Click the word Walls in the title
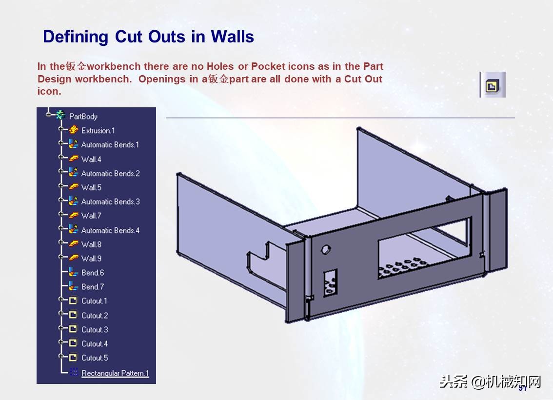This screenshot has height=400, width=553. click(x=232, y=37)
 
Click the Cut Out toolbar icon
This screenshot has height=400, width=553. click(x=493, y=85)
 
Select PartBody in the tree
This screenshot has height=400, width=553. click(x=83, y=117)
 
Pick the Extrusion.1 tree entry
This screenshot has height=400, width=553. click(x=98, y=131)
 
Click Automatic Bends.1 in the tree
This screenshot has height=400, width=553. click(x=110, y=144)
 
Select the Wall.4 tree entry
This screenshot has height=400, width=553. click(x=91, y=159)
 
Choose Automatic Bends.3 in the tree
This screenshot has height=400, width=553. click(x=110, y=201)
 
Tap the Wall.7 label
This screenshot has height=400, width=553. click(x=91, y=216)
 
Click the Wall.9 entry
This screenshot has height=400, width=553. click(x=91, y=259)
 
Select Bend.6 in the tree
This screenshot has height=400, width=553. click(x=93, y=273)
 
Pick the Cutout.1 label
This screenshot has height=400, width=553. click(x=94, y=301)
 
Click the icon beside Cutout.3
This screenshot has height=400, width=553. click(x=73, y=329)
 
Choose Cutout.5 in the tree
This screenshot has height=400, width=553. click(x=95, y=358)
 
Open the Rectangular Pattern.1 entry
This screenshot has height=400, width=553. click(x=115, y=373)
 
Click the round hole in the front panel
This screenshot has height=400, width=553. click(x=326, y=249)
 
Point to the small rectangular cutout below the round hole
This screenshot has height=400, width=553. click(x=331, y=282)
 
